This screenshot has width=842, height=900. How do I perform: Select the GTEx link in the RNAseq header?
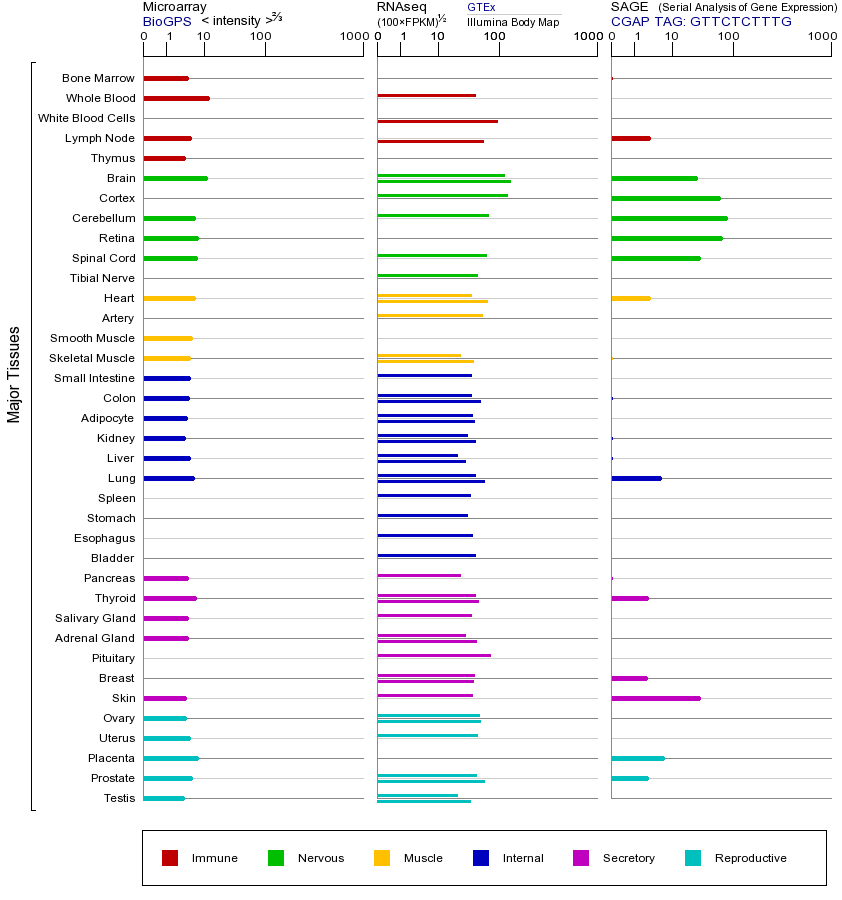click(x=481, y=7)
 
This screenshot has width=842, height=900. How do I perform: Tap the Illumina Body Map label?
click(x=513, y=22)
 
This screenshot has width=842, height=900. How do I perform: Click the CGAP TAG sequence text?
click(x=701, y=21)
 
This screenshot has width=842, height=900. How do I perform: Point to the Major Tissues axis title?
click(x=14, y=374)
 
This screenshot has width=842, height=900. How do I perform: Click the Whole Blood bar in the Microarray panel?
click(x=176, y=98)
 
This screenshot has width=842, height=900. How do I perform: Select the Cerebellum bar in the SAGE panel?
click(x=669, y=218)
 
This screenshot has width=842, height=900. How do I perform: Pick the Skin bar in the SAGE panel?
click(x=655, y=698)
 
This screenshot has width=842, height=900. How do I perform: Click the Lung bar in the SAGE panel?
click(x=636, y=478)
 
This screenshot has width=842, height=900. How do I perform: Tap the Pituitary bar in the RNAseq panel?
click(x=433, y=655)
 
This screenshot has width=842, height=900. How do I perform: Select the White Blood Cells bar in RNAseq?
click(x=437, y=121)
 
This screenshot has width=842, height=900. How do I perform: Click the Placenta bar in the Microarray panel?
click(x=171, y=758)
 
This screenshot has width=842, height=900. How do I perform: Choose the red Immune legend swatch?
click(x=170, y=858)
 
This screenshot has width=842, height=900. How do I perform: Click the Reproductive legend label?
click(x=750, y=858)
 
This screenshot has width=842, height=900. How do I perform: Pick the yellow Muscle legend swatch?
click(x=382, y=858)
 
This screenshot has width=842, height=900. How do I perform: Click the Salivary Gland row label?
click(x=94, y=618)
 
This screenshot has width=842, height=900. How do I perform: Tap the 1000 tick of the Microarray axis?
click(x=353, y=37)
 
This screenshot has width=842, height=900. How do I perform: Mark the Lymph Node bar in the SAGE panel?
click(x=630, y=138)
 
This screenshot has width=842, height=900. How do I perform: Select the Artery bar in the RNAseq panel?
click(x=430, y=315)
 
